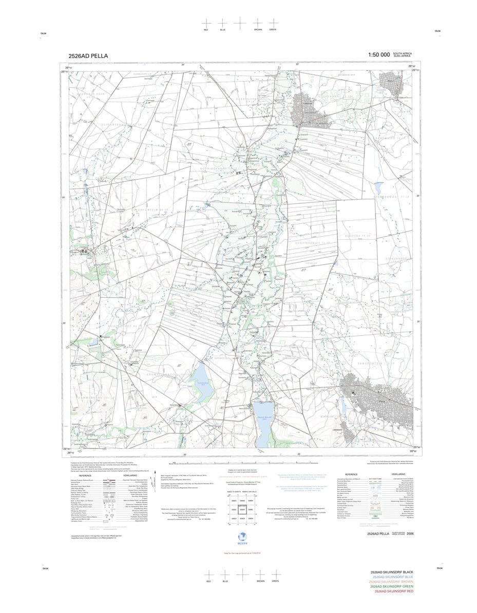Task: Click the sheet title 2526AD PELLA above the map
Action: [88, 56]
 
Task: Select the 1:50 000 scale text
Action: [379, 55]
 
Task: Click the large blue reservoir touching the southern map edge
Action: [263, 424]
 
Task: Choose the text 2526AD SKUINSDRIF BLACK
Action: [395, 572]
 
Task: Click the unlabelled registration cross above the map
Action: [240, 23]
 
